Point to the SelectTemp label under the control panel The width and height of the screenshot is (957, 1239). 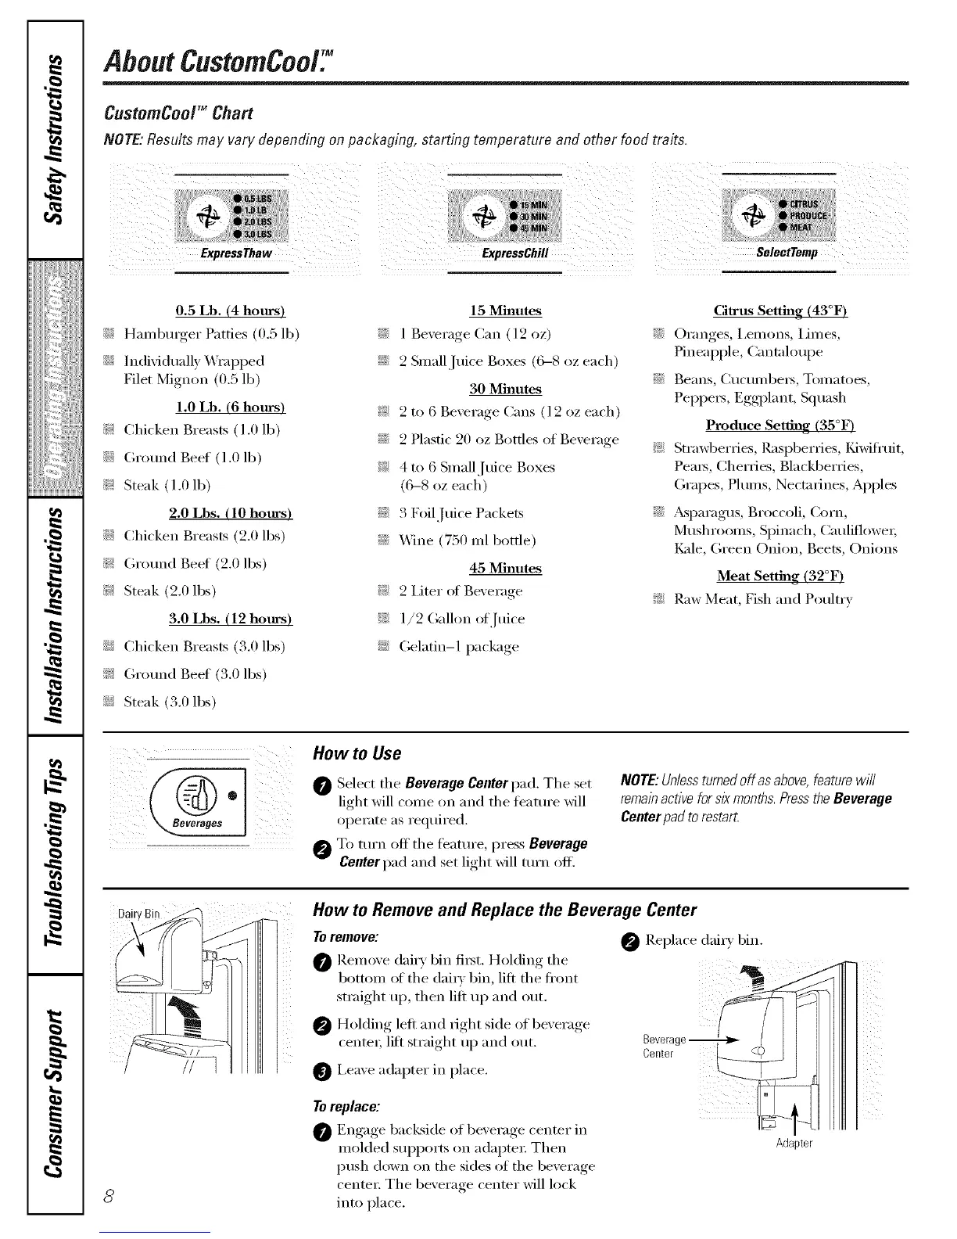click(787, 253)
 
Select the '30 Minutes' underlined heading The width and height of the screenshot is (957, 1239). click(505, 389)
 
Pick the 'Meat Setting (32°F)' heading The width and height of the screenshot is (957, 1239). click(780, 576)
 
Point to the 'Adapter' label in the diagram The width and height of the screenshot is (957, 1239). click(794, 1144)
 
